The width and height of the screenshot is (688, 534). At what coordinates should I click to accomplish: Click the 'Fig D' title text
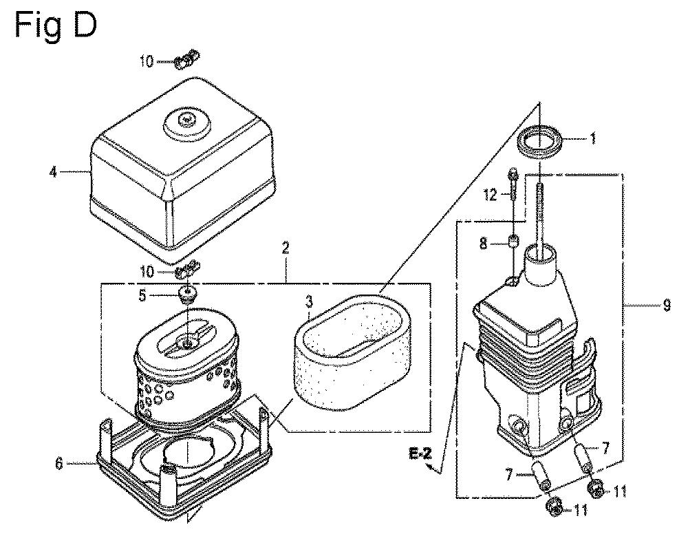point(55,25)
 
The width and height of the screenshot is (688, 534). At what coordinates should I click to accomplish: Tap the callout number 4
point(53,172)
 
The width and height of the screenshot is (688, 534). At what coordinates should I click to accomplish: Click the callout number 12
point(491,195)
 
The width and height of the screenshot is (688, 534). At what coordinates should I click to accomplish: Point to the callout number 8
point(483,244)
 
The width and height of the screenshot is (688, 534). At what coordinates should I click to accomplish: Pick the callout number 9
point(667,305)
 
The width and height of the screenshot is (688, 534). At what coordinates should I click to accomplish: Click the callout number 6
point(59,463)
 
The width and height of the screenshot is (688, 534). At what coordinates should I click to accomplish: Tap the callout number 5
point(142,296)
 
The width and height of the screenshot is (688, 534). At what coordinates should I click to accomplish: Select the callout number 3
point(310,301)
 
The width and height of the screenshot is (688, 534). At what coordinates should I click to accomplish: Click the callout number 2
point(286,249)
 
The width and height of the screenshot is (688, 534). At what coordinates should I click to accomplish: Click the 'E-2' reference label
point(420,453)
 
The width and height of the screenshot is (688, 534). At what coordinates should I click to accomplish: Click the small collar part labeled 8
point(514,241)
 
